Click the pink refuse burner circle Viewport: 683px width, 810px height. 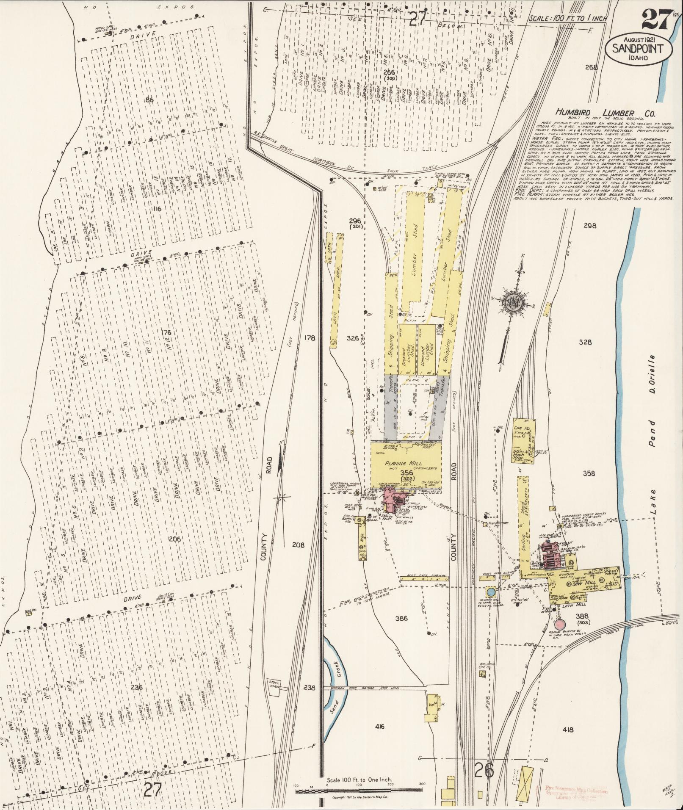pos(560,625)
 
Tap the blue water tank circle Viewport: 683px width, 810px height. pos(491,592)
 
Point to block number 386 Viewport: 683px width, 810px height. pos(401,618)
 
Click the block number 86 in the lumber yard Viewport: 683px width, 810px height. pos(149,100)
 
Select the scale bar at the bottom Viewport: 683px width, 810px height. pos(359,790)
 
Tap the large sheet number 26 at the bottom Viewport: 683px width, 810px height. pos(484,770)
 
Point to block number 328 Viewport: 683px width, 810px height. pos(585,342)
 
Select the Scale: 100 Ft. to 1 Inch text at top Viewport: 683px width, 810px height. pos(568,19)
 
